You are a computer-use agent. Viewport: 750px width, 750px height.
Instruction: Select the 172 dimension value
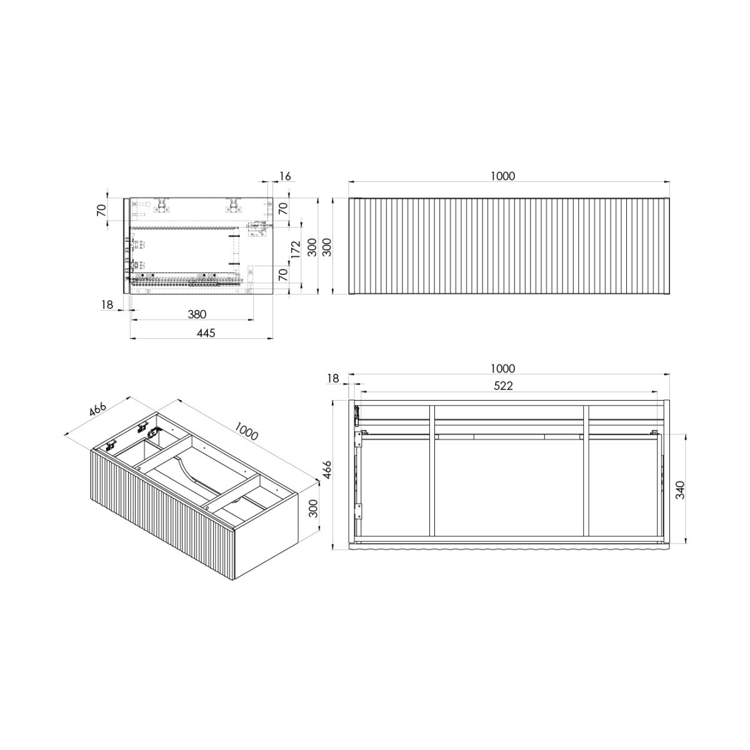(x=296, y=249)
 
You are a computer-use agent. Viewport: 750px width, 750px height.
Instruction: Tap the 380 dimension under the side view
(x=197, y=314)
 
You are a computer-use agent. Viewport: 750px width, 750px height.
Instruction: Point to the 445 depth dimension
(x=206, y=332)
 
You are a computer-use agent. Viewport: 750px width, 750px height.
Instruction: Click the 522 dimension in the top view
(x=503, y=386)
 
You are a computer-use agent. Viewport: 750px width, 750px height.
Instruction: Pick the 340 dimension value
(x=680, y=491)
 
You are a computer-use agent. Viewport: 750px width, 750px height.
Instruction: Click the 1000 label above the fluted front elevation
(x=502, y=176)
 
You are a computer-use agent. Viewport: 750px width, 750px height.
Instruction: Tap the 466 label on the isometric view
(x=97, y=411)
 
